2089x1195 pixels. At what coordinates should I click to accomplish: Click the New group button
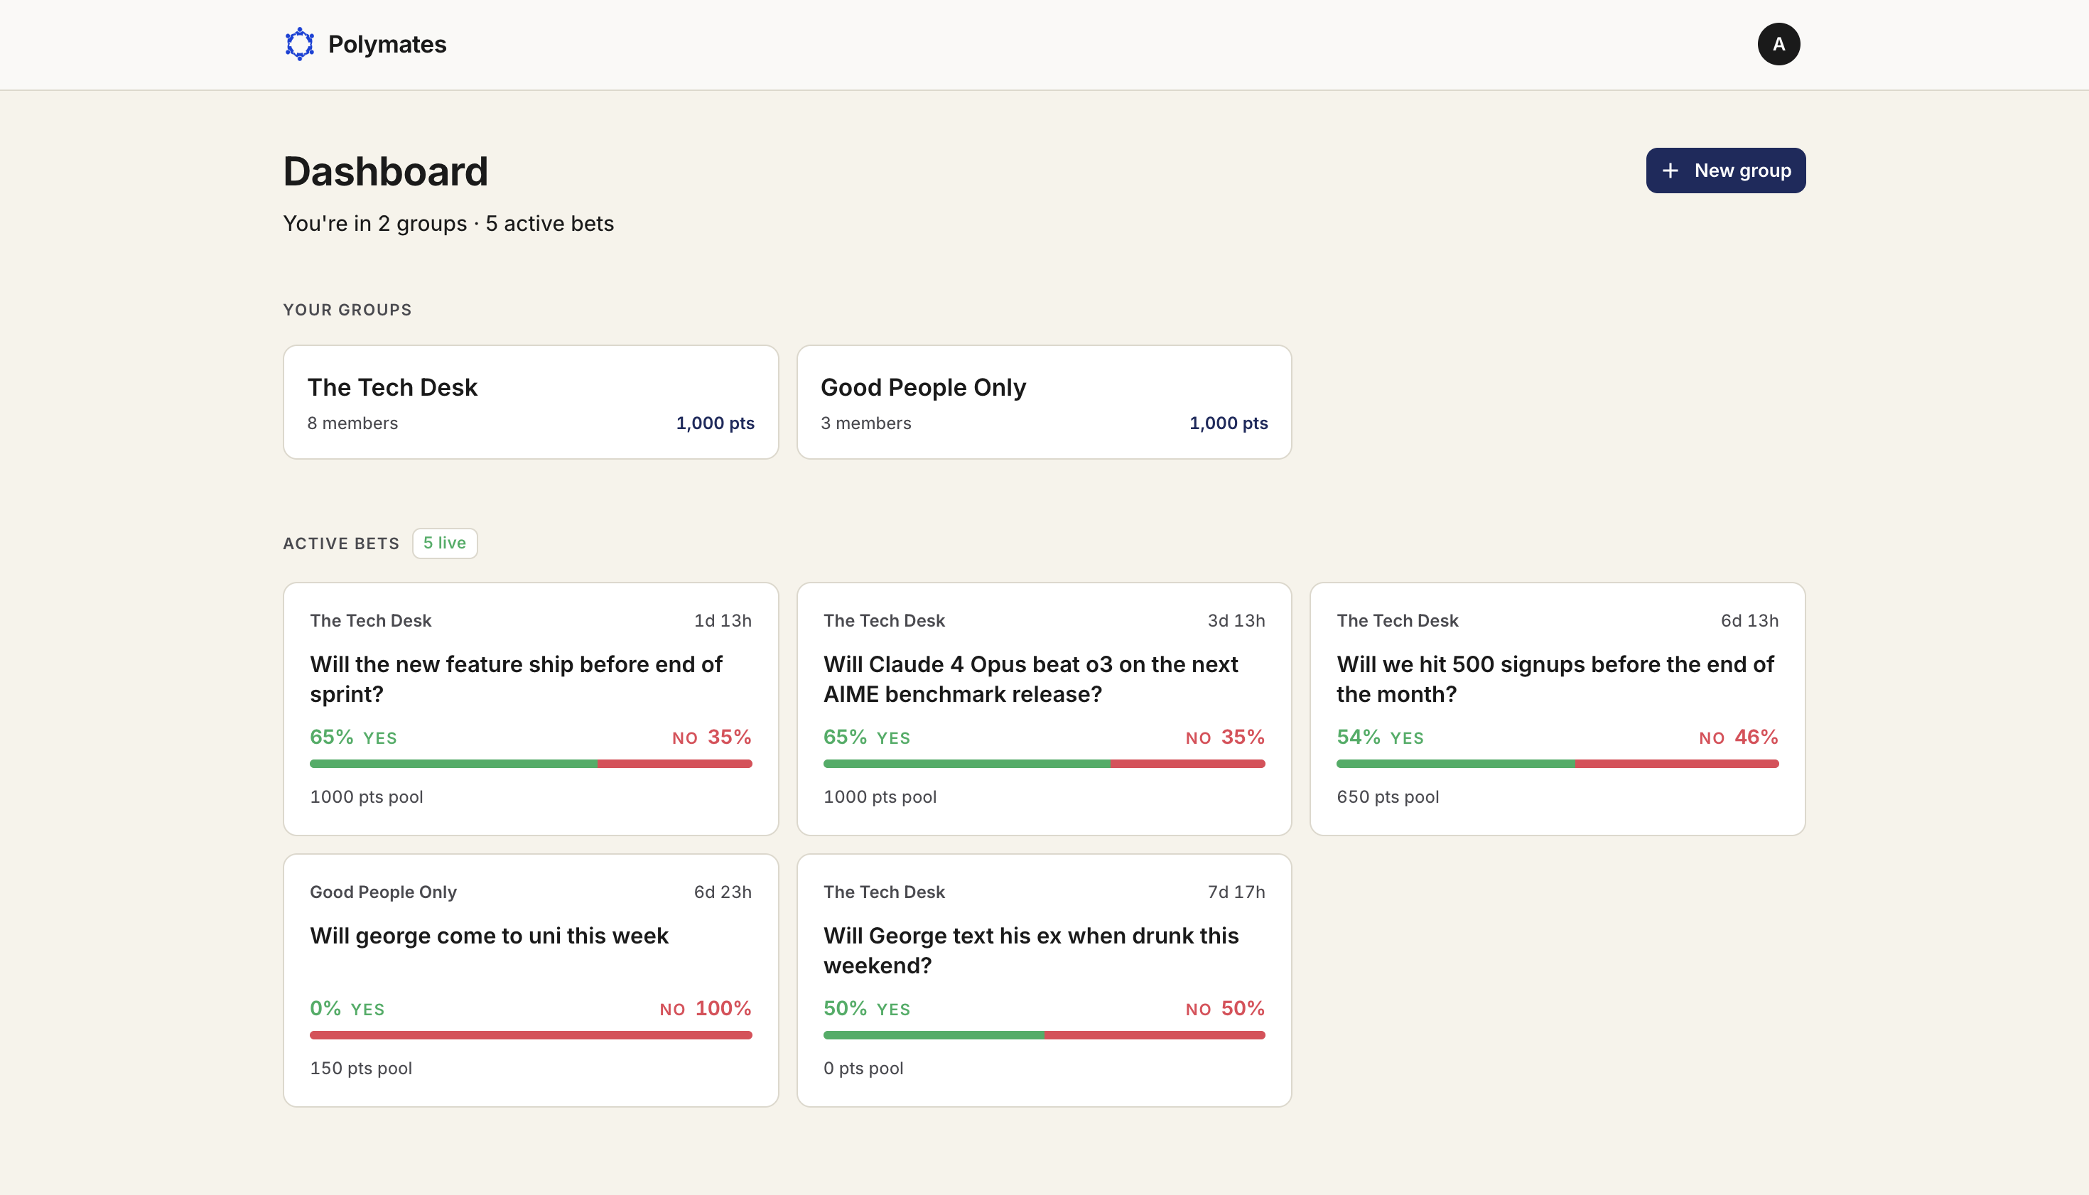click(1725, 171)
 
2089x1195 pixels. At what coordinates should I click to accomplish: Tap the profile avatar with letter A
click(1778, 44)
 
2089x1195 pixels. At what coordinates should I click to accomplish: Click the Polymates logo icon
click(300, 44)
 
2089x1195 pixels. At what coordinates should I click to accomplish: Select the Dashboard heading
click(386, 171)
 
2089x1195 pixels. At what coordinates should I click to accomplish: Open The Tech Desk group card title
click(392, 387)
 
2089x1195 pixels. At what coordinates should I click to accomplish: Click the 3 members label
click(866, 423)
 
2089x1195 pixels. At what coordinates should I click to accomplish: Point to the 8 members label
click(352, 423)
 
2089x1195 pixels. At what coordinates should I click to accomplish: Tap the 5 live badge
click(445, 544)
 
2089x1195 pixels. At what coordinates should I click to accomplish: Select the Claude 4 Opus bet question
click(1031, 680)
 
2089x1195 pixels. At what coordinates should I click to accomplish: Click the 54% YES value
click(1380, 737)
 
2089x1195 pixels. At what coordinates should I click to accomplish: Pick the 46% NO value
click(1739, 737)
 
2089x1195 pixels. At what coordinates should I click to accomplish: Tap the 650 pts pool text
click(1388, 797)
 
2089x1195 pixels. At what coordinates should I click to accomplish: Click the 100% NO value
click(706, 1009)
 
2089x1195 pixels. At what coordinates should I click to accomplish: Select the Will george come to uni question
click(490, 936)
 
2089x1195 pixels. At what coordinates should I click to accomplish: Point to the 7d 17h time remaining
click(1236, 892)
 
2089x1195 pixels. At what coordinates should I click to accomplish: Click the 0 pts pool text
click(863, 1069)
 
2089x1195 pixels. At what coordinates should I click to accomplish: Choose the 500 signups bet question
click(1555, 680)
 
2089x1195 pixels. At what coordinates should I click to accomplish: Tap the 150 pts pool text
click(361, 1069)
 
